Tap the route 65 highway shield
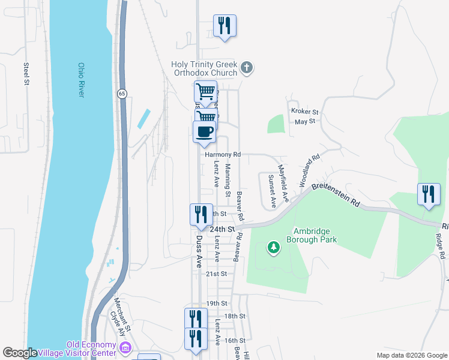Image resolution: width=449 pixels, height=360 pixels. tap(122, 94)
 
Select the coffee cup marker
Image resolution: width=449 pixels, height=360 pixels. tap(205, 132)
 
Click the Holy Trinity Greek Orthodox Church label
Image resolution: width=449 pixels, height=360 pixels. tap(205, 68)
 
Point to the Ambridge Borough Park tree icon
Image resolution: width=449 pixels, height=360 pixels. tap(274, 247)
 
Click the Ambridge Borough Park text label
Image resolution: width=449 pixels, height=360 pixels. tap(315, 235)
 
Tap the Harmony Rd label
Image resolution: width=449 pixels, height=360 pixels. tap(223, 154)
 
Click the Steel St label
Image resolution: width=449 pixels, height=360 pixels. tap(26, 73)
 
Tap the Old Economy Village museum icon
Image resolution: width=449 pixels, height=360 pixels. tap(125, 347)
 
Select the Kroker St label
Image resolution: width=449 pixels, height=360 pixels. tap(304, 112)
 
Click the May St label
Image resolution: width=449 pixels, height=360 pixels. tap(305, 122)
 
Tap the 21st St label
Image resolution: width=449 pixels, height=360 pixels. tap(217, 274)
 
